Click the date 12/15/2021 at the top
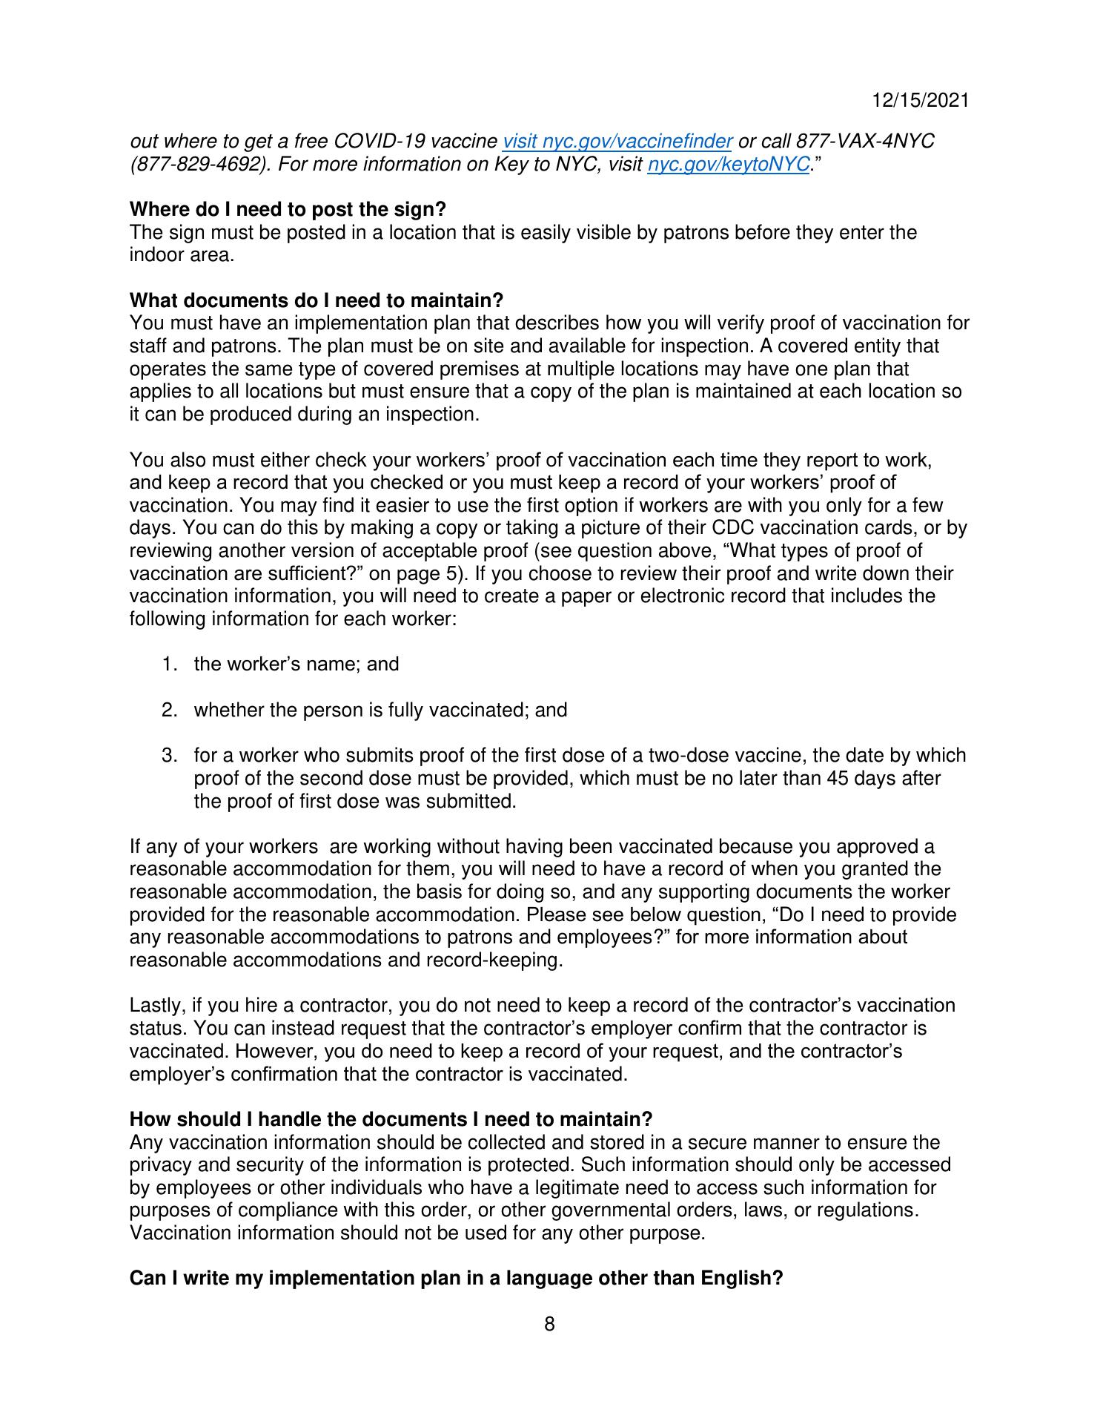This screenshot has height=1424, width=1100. click(920, 101)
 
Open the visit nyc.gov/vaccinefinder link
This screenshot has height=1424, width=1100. click(617, 141)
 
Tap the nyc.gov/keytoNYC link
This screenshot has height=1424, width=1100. click(728, 164)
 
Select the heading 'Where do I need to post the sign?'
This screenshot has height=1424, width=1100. click(288, 210)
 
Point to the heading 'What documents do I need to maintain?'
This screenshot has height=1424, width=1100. click(316, 300)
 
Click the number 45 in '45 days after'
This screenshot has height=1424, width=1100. click(837, 778)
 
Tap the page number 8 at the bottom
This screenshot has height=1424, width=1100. click(549, 1324)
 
